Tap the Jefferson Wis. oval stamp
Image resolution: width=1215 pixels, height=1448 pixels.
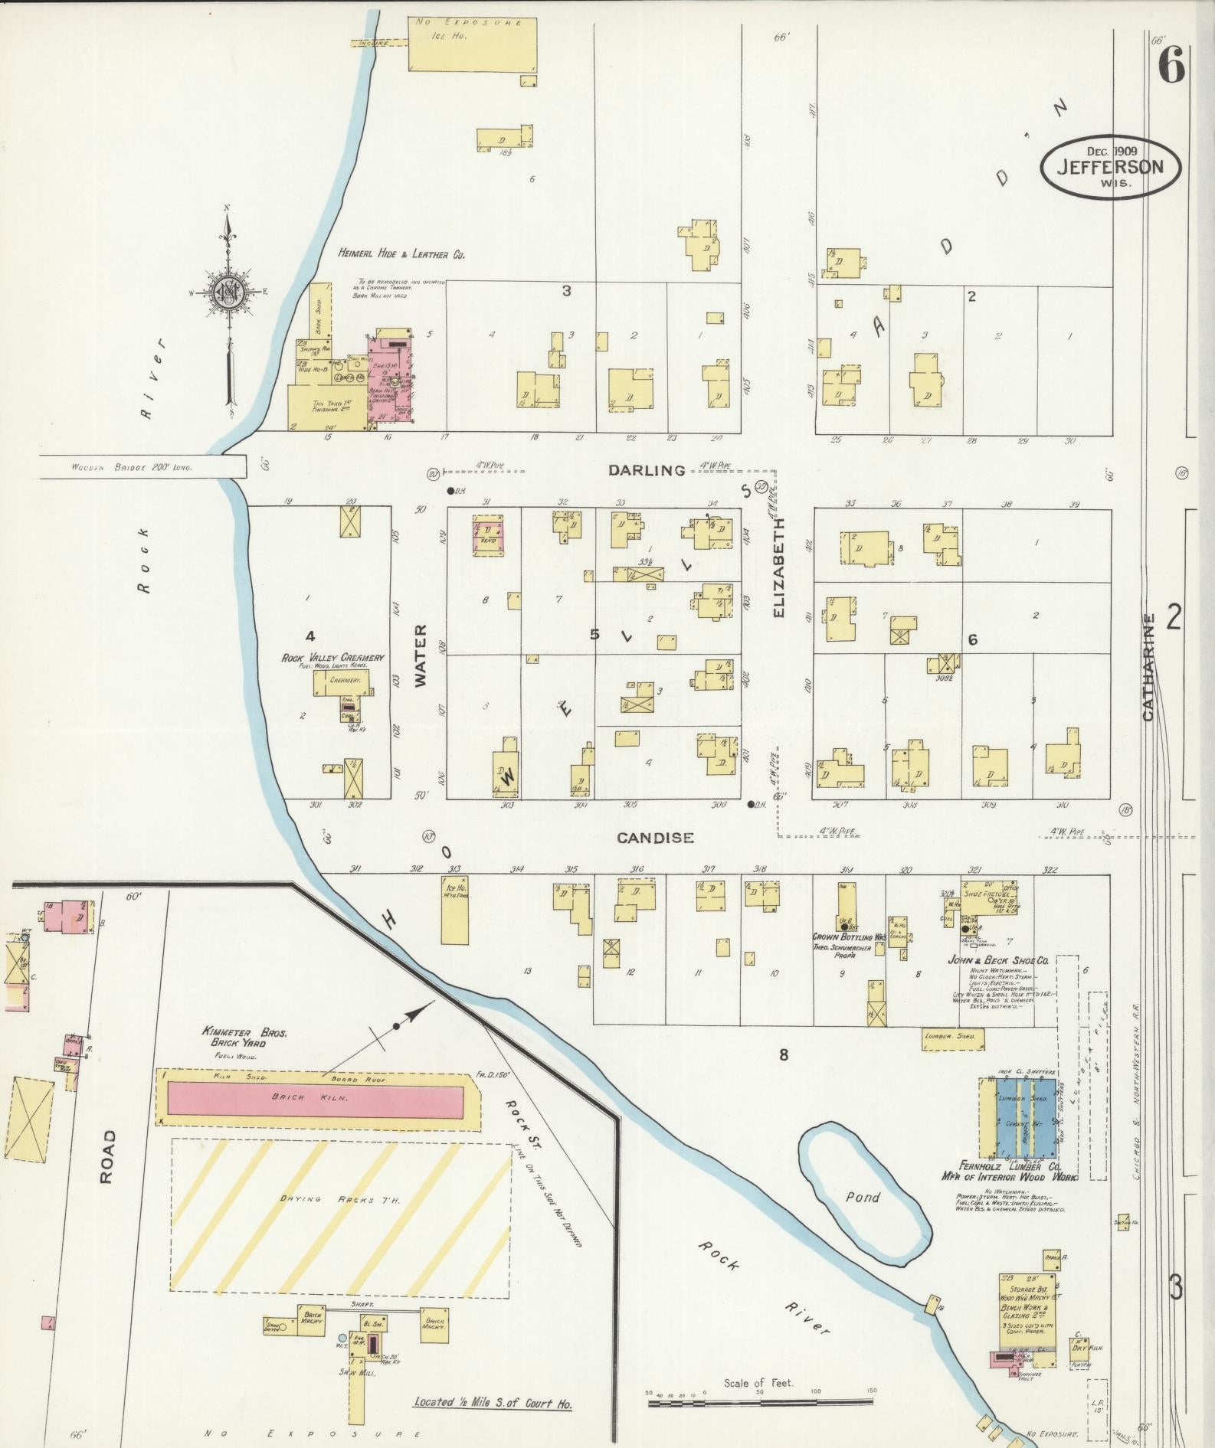(1109, 167)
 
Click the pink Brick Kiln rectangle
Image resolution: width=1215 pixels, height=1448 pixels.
(315, 1097)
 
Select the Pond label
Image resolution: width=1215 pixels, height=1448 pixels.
(863, 1197)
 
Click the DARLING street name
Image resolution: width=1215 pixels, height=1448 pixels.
(647, 470)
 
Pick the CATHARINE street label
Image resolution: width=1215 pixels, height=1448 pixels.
(1147, 666)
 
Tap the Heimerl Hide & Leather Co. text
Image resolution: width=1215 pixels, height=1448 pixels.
(401, 253)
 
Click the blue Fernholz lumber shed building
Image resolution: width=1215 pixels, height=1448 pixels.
(1019, 1120)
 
